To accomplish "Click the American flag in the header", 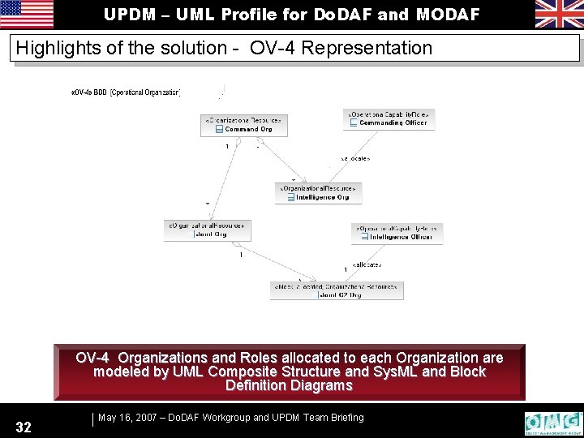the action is [27, 14].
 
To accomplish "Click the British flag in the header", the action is [558, 14].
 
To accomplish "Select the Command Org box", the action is [244, 124].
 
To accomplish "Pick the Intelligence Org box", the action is [319, 192].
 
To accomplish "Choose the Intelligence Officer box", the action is [397, 233].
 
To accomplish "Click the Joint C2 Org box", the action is [337, 290].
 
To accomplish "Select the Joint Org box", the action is [205, 230].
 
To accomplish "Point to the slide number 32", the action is [24, 427].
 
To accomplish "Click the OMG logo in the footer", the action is [554, 423].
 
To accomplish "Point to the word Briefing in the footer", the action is [345, 418].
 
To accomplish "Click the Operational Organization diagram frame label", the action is [127, 92].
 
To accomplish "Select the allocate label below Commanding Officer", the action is [355, 158].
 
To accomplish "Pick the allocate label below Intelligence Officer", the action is [367, 265].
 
